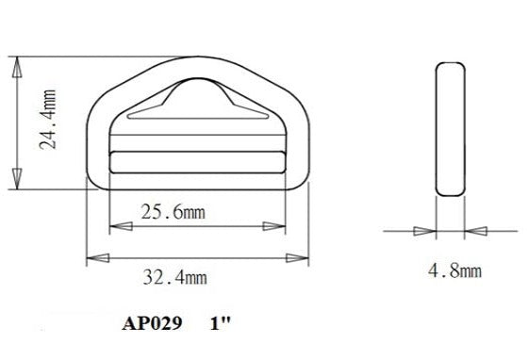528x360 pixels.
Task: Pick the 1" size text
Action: (x=222, y=323)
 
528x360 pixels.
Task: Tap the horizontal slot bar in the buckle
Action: (x=199, y=161)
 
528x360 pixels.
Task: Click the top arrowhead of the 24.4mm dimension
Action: (x=16, y=66)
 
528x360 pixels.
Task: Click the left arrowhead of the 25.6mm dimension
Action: (x=117, y=226)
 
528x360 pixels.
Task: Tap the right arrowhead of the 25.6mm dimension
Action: (x=281, y=226)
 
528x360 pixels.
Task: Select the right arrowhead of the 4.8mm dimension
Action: (x=479, y=230)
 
